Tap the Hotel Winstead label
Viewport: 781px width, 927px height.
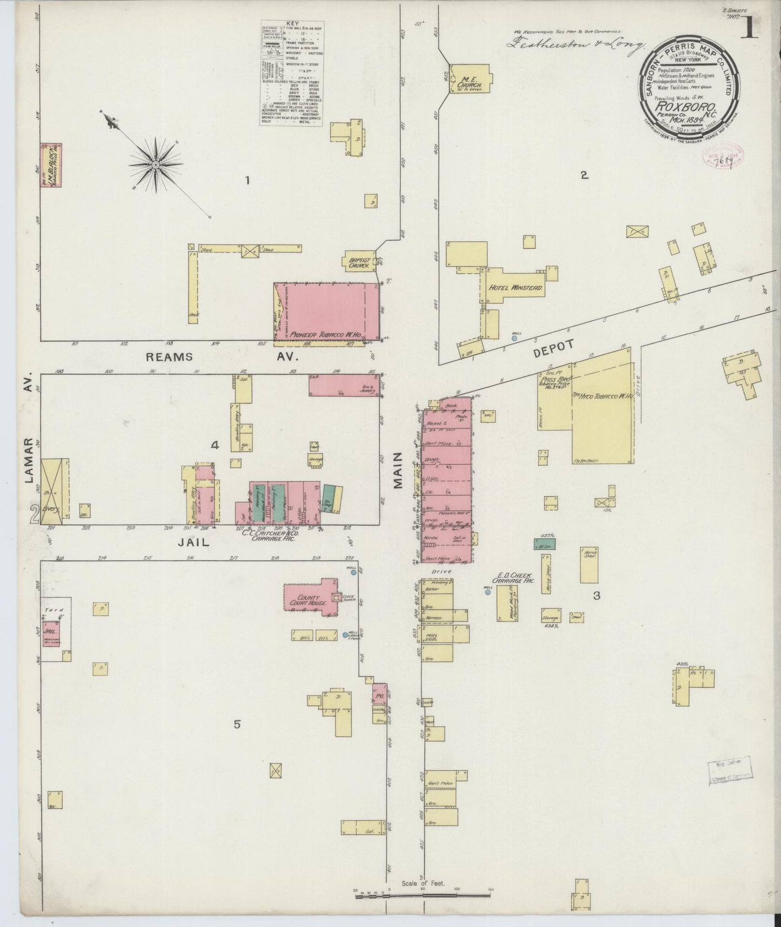pyautogui.click(x=515, y=288)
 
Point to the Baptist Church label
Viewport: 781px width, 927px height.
pyautogui.click(x=357, y=262)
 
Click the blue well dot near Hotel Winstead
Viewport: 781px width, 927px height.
pyautogui.click(x=514, y=338)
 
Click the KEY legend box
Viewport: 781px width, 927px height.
pyautogui.click(x=292, y=73)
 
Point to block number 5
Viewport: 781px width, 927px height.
pyautogui.click(x=237, y=725)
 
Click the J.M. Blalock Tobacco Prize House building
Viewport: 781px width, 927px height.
pyautogui.click(x=51, y=165)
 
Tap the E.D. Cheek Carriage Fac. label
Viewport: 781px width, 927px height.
pyautogui.click(x=515, y=578)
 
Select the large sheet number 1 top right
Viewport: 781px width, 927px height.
pyautogui.click(x=749, y=30)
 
